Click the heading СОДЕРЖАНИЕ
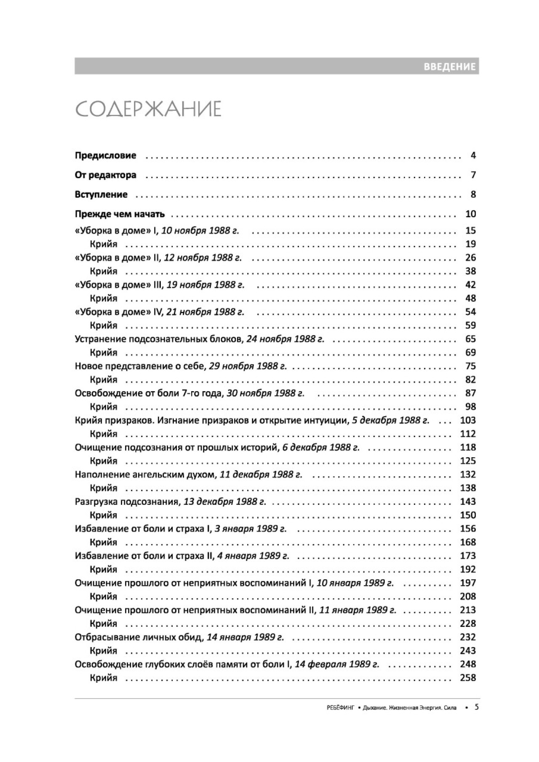[148, 109]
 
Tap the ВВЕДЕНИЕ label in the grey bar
[449, 67]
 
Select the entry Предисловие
[105, 155]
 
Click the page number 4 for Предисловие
[473, 155]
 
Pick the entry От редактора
[105, 175]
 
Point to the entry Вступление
[101, 194]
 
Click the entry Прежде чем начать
[120, 214]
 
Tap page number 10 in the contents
[470, 214]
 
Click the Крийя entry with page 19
[104, 244]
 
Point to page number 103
[468, 420]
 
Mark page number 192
[468, 570]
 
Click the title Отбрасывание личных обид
[139, 637]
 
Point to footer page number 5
[476, 707]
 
